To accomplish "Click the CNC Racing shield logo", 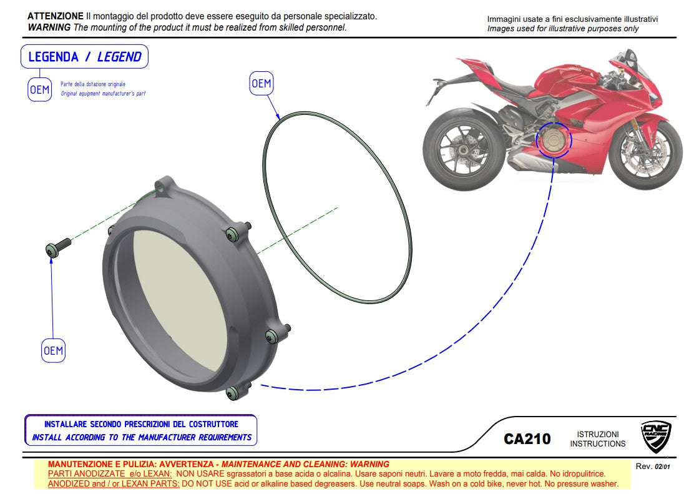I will point(656,437).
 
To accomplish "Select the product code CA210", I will point(527,439).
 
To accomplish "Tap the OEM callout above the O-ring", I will point(261,83).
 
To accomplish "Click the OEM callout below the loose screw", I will point(53,350).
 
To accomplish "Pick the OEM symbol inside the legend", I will point(39,90).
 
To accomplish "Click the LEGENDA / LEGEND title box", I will point(85,57).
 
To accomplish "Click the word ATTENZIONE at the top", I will point(56,16).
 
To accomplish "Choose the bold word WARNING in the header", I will point(49,27).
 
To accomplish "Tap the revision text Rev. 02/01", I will point(653,467).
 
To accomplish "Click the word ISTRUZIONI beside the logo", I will point(597,434).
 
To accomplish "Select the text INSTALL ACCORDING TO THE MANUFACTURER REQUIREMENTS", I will point(142,437).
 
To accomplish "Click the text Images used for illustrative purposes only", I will point(562,29).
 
